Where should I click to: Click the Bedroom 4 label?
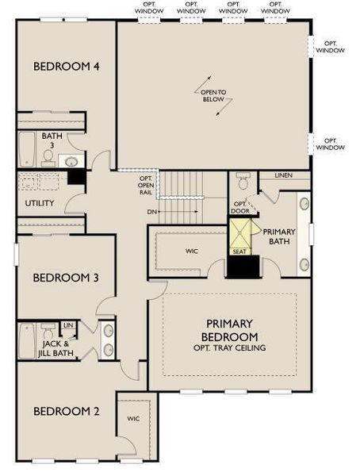66,67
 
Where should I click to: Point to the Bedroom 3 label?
66,278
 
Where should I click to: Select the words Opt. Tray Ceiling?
229,347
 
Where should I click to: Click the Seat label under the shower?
239,251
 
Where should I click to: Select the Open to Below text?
213,97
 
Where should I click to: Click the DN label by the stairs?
151,212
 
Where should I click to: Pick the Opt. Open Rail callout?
145,186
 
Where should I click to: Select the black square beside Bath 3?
76,178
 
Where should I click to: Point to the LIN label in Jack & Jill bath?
68,326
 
